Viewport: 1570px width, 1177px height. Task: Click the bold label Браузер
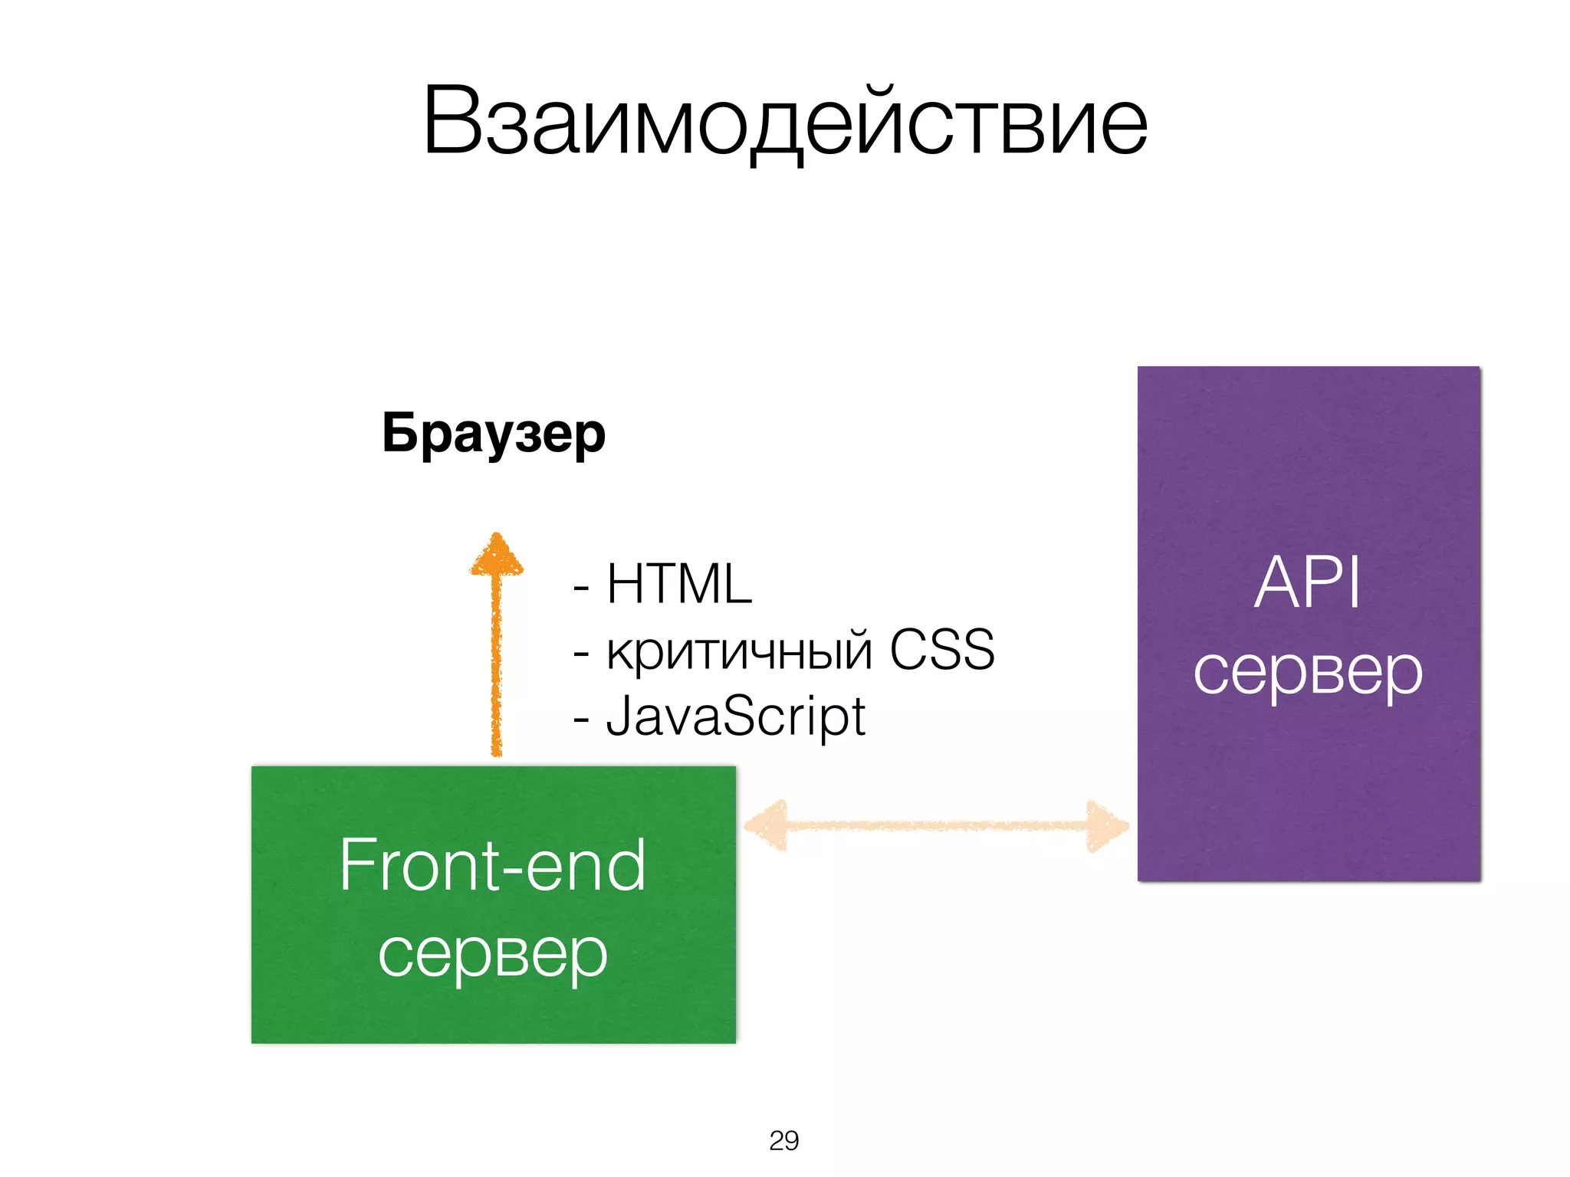pyautogui.click(x=494, y=434)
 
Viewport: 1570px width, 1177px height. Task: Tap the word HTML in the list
pyautogui.click(x=679, y=584)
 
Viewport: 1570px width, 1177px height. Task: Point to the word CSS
pyautogui.click(x=941, y=650)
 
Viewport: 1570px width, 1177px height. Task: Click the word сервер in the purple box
pyautogui.click(x=1308, y=671)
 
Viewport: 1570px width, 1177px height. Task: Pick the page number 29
pyautogui.click(x=783, y=1140)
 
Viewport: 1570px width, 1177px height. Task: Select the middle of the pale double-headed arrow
pyautogui.click(x=937, y=826)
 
